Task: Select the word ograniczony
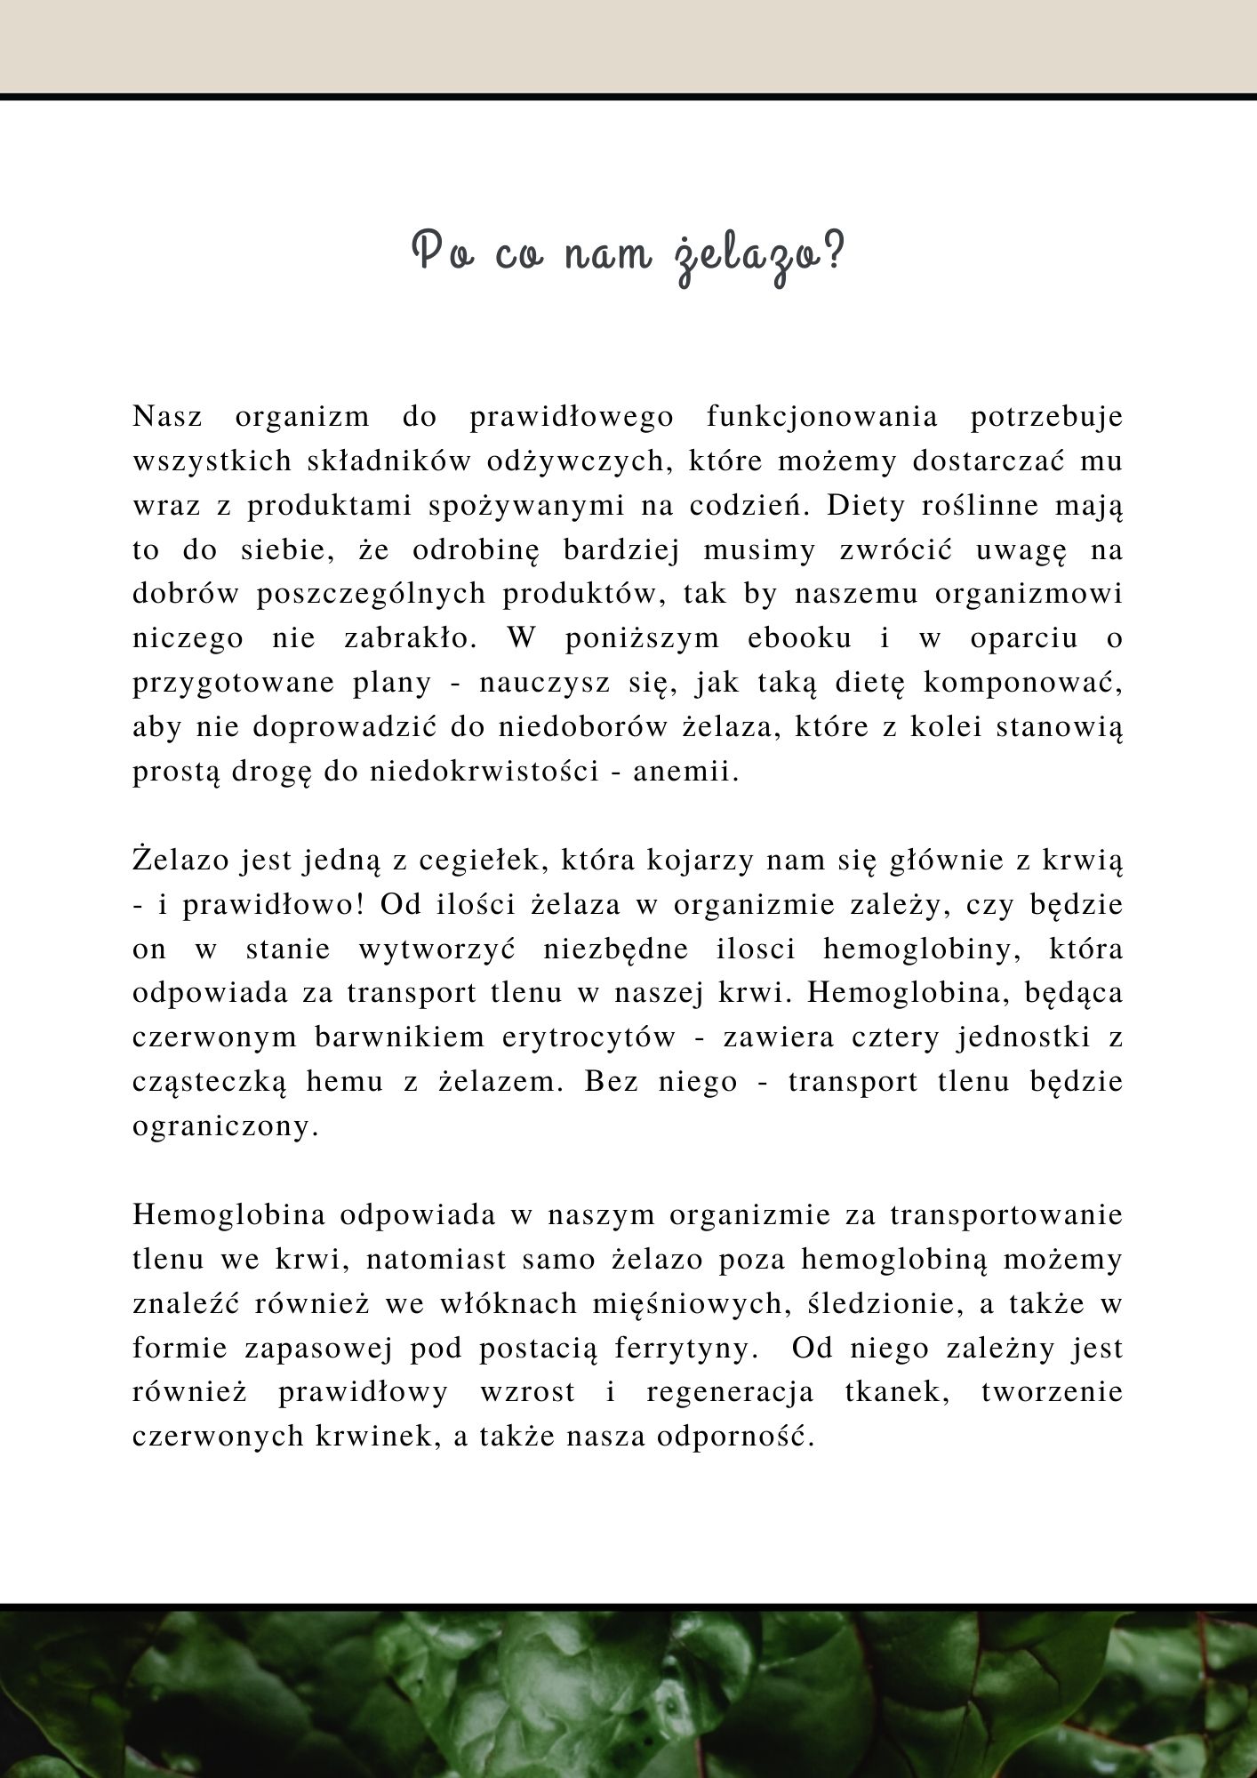click(225, 1126)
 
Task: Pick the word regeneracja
click(730, 1392)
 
